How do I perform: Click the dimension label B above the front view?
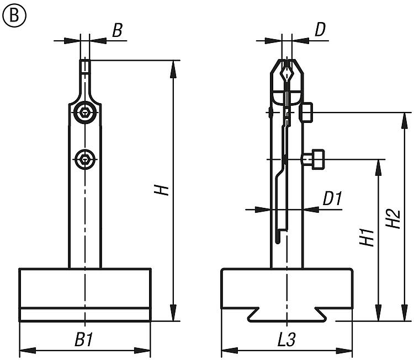(x=117, y=31)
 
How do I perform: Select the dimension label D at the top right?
(x=320, y=31)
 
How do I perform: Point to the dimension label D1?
(x=333, y=199)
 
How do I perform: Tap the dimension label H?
(x=161, y=191)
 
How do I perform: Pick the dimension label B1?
(x=84, y=340)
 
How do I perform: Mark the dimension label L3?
(x=286, y=340)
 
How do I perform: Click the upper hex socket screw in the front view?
(x=84, y=113)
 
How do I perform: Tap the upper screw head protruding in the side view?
(x=307, y=112)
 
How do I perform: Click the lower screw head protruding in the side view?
(x=314, y=159)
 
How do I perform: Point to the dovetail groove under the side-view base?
(x=286, y=315)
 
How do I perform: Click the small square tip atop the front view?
(x=84, y=67)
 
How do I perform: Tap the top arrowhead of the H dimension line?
(x=173, y=65)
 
